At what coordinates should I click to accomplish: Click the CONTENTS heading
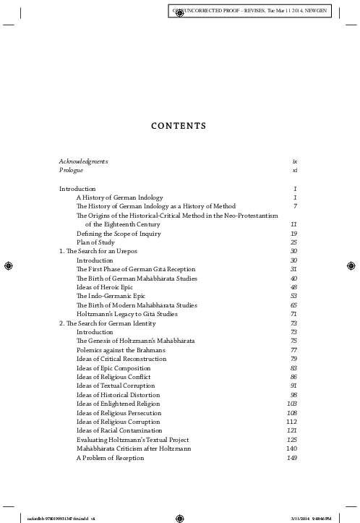[180, 126]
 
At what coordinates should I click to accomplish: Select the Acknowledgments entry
[83, 161]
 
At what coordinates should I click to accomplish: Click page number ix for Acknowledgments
[295, 161]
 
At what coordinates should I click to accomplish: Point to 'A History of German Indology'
[119, 197]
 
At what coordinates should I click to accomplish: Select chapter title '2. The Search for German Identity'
[108, 323]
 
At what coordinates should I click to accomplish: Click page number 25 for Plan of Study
[294, 242]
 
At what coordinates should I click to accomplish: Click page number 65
[294, 305]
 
